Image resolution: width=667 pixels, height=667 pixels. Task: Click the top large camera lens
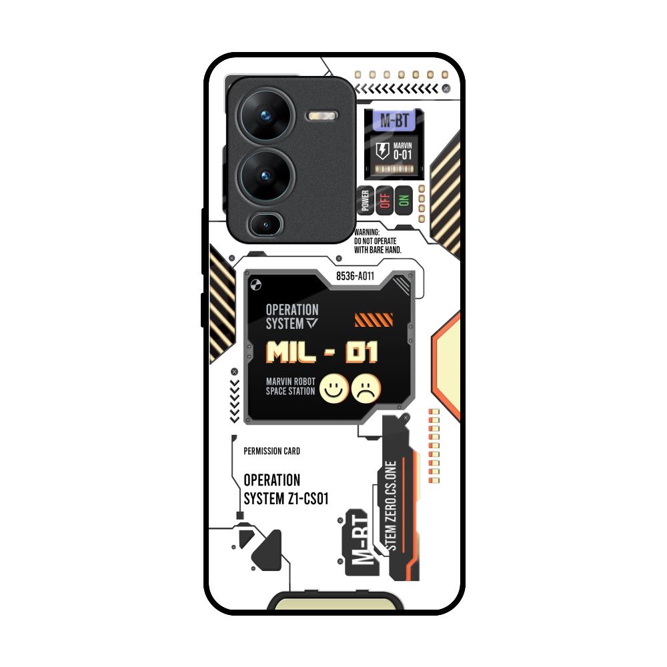(265, 116)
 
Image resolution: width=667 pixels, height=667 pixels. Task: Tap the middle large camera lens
(265, 175)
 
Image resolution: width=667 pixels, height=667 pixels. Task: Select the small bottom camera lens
(266, 224)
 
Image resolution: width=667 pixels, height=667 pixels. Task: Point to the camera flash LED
(322, 116)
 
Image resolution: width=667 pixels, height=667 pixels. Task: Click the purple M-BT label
(394, 121)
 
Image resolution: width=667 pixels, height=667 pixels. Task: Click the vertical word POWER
(366, 201)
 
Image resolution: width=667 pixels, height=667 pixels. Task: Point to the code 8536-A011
(355, 275)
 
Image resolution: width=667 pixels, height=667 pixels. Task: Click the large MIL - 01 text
(322, 352)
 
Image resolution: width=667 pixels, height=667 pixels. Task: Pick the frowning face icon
(366, 388)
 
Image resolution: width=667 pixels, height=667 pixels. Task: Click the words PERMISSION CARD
(272, 452)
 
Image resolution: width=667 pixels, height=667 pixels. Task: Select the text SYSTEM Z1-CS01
(286, 498)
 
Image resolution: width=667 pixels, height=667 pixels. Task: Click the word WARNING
(368, 232)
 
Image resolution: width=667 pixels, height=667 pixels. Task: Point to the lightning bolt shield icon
(382, 151)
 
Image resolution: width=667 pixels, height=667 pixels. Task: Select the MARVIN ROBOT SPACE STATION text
(291, 386)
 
